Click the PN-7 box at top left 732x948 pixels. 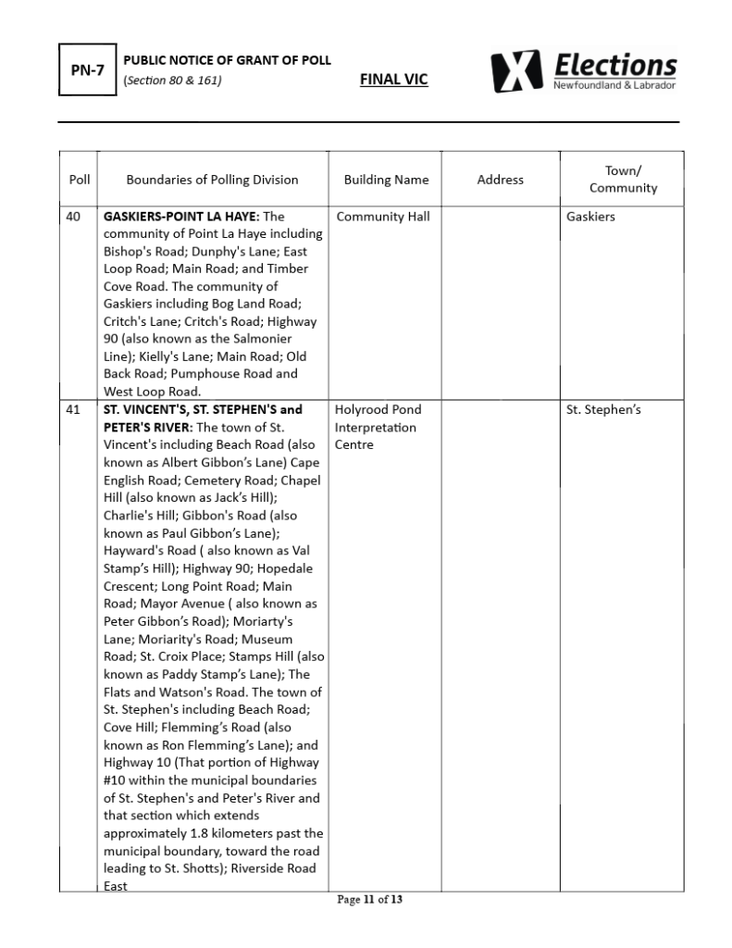88,70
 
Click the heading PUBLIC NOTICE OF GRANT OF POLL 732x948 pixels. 227,61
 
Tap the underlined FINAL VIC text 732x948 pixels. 393,80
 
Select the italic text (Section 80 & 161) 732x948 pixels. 172,80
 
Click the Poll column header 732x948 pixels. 80,180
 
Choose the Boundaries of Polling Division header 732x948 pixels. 212,180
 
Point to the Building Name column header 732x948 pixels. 386,180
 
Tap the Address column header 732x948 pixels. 500,180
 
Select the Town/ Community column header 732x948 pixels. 623,180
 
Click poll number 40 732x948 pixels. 74,217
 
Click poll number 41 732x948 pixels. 74,409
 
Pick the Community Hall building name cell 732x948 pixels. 383,217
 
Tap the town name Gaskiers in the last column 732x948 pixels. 590,217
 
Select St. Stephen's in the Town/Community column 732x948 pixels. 603,409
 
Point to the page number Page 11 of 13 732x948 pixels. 370,899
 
